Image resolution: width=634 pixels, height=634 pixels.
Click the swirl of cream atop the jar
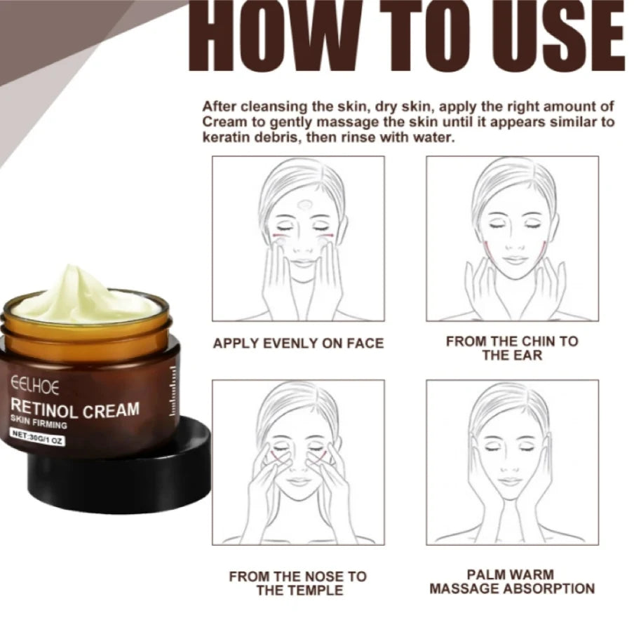[x=84, y=295]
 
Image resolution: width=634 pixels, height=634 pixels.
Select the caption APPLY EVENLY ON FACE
[x=298, y=344]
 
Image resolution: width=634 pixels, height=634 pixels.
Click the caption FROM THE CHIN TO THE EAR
[x=512, y=348]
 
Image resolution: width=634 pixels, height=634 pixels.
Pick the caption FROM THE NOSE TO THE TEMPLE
[x=298, y=583]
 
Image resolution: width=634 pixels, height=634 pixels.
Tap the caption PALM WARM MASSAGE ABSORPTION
[x=512, y=582]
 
